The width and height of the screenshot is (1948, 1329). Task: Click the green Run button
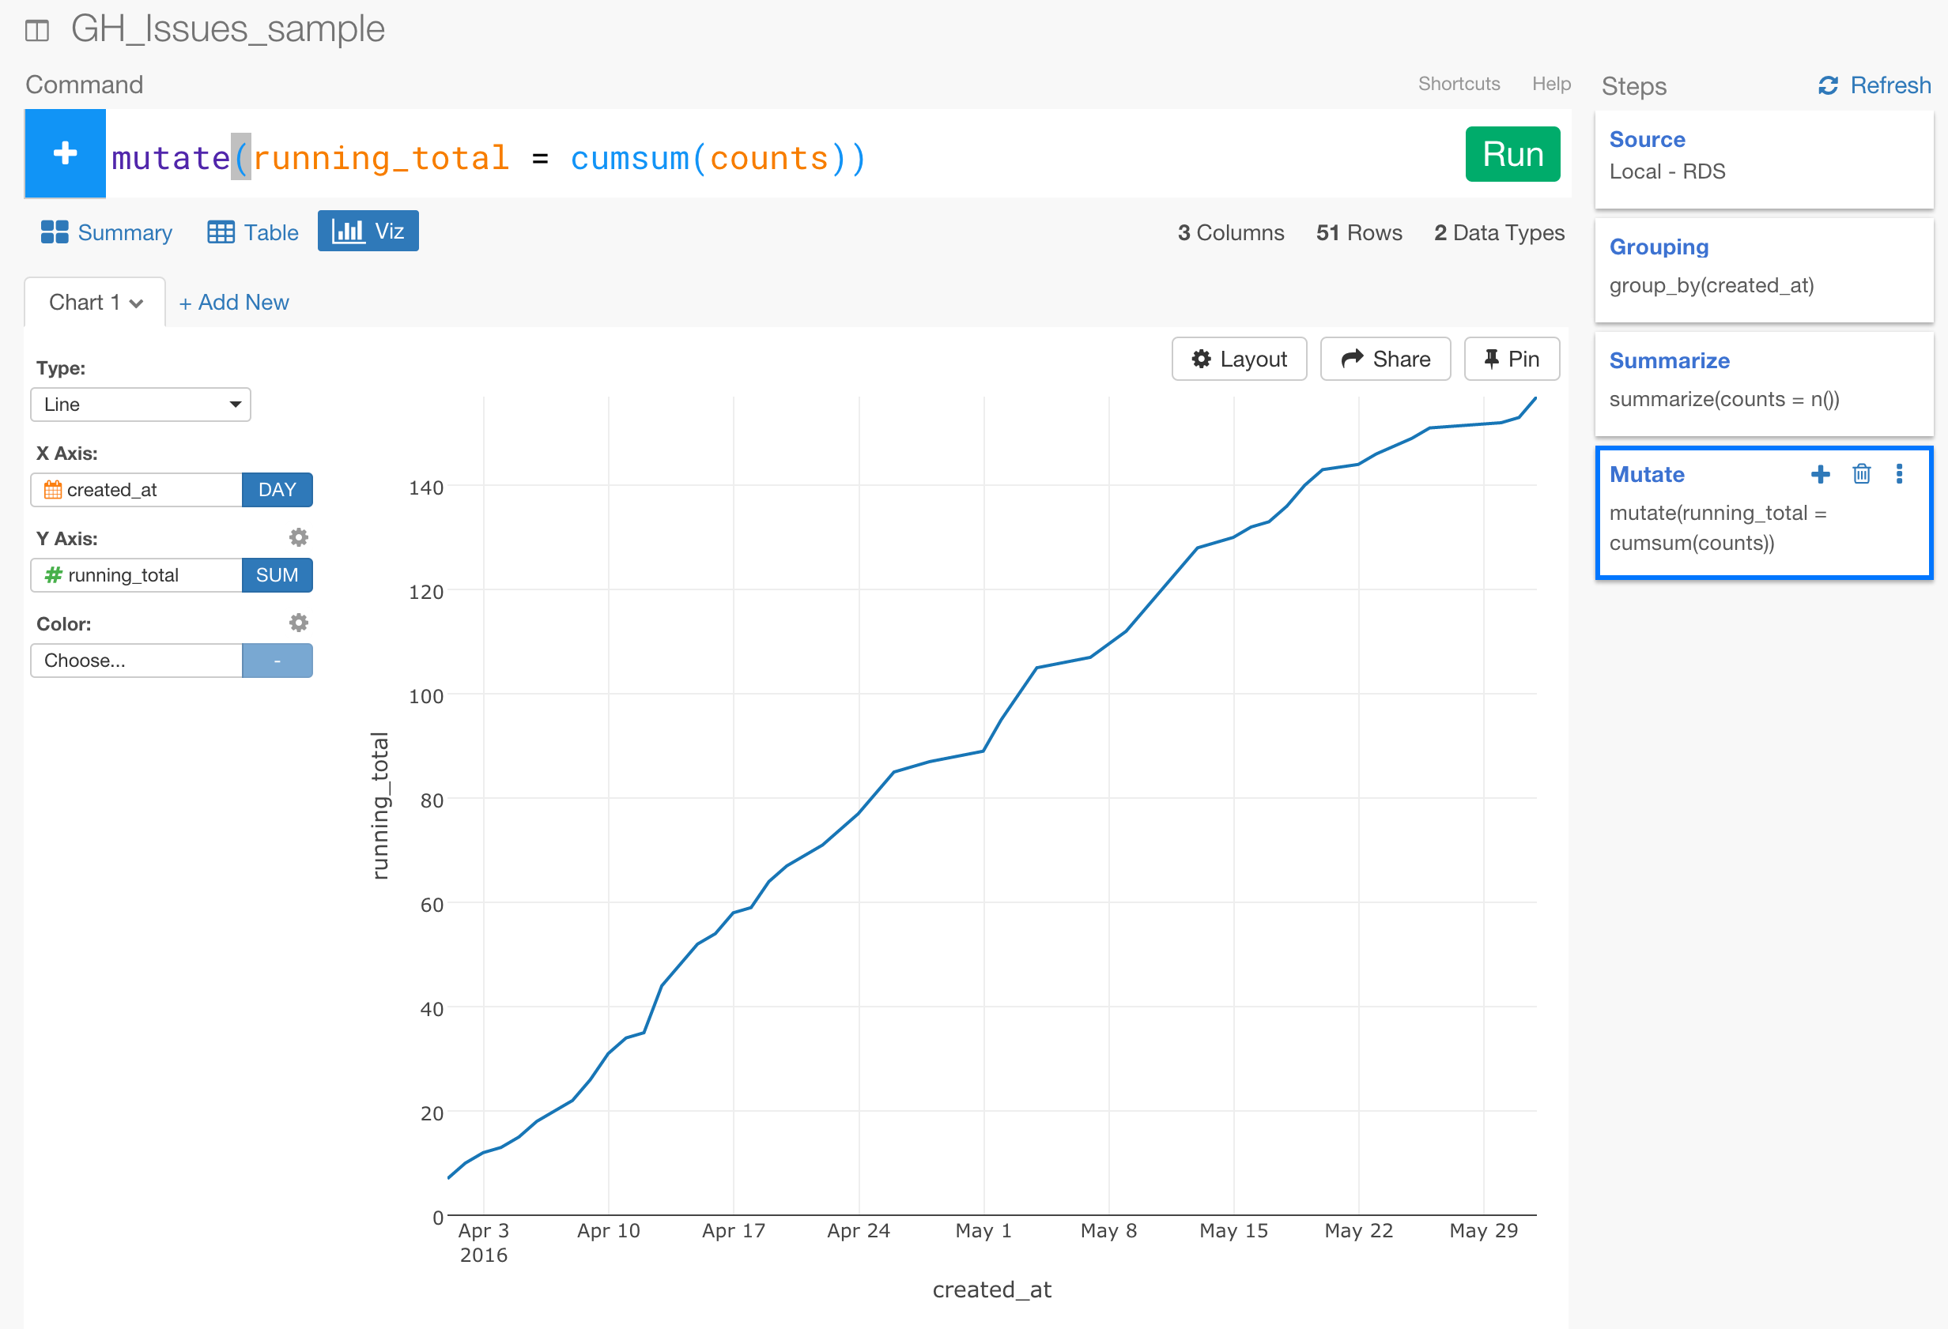click(x=1512, y=154)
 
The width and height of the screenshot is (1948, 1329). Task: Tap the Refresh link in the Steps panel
click(x=1874, y=85)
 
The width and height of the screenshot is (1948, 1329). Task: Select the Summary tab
click(x=107, y=232)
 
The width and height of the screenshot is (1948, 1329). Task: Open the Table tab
click(x=253, y=232)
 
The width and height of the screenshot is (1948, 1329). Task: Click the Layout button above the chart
click(x=1238, y=359)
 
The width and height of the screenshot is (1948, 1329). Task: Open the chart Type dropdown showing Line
click(x=141, y=405)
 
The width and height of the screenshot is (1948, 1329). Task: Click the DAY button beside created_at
click(x=277, y=489)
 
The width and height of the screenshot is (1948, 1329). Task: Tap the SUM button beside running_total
click(x=277, y=575)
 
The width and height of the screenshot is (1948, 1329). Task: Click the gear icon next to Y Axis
click(x=298, y=537)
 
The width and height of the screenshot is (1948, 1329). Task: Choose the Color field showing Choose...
click(x=137, y=661)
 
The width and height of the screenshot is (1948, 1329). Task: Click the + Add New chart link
click(x=234, y=303)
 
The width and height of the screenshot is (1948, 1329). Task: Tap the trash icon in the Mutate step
click(x=1861, y=474)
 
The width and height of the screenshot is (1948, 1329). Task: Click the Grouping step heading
click(x=1658, y=247)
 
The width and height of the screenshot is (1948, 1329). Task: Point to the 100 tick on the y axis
click(x=426, y=695)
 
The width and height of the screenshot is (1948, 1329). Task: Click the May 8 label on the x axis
click(x=1108, y=1230)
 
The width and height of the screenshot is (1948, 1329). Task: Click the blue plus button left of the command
click(x=66, y=153)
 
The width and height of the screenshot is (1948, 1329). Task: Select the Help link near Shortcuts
click(x=1550, y=84)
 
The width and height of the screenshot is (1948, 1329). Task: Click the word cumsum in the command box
click(x=629, y=158)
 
